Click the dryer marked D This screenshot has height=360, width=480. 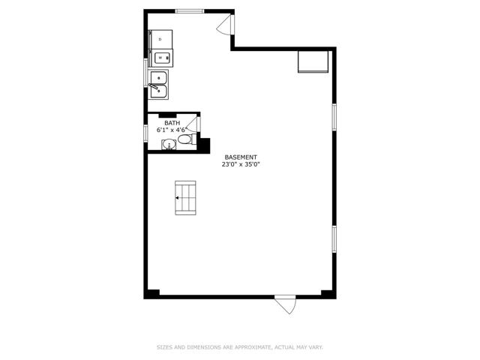click(160, 39)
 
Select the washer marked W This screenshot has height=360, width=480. click(160, 58)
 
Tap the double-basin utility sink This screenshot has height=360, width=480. click(158, 85)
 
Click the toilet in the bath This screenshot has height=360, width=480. click(184, 140)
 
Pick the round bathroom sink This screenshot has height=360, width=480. click(169, 144)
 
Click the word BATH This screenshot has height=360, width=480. click(172, 123)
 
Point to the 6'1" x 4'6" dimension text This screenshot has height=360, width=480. click(172, 130)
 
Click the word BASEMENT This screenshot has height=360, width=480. click(241, 157)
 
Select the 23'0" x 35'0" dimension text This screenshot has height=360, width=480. click(241, 164)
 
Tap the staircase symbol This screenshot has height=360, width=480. click(185, 198)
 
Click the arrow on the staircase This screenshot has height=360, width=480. click(177, 198)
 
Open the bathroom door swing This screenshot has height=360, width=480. click(193, 124)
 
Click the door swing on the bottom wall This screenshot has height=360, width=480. click(286, 304)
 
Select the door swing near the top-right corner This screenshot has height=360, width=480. click(225, 24)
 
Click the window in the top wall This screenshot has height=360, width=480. click(190, 11)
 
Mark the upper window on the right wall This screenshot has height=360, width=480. click(334, 117)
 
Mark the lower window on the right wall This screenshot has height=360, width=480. click(334, 239)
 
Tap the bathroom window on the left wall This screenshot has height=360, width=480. click(145, 133)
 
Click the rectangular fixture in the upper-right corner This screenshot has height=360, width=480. click(313, 61)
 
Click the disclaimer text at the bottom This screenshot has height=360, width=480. click(240, 347)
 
